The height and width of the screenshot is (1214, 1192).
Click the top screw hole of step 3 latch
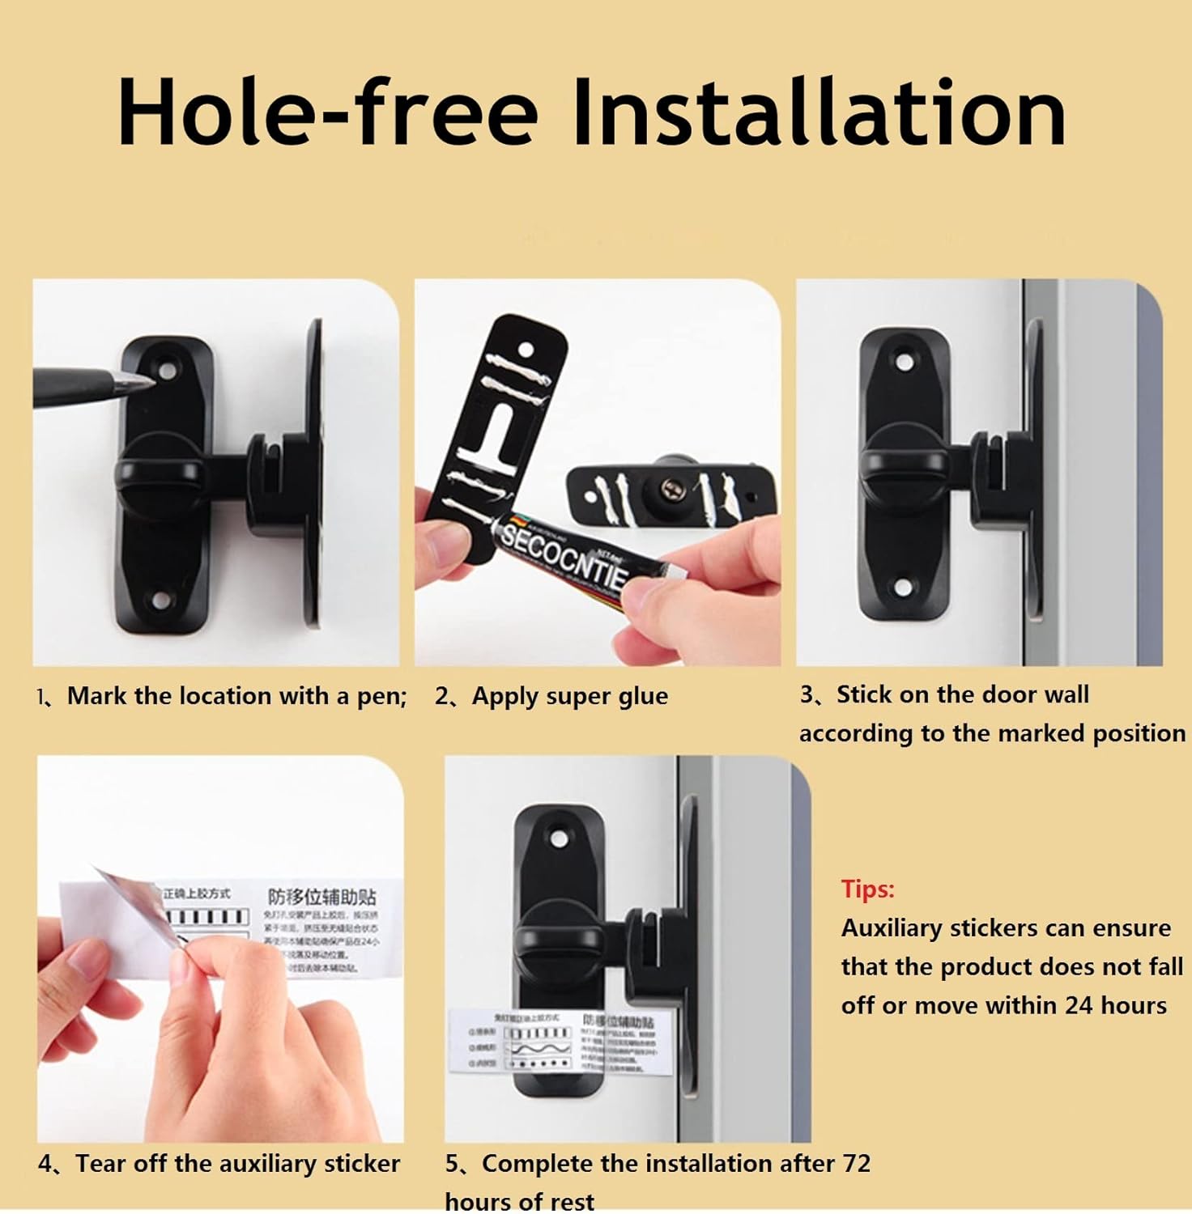902,359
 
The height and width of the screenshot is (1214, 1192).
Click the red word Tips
867,889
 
